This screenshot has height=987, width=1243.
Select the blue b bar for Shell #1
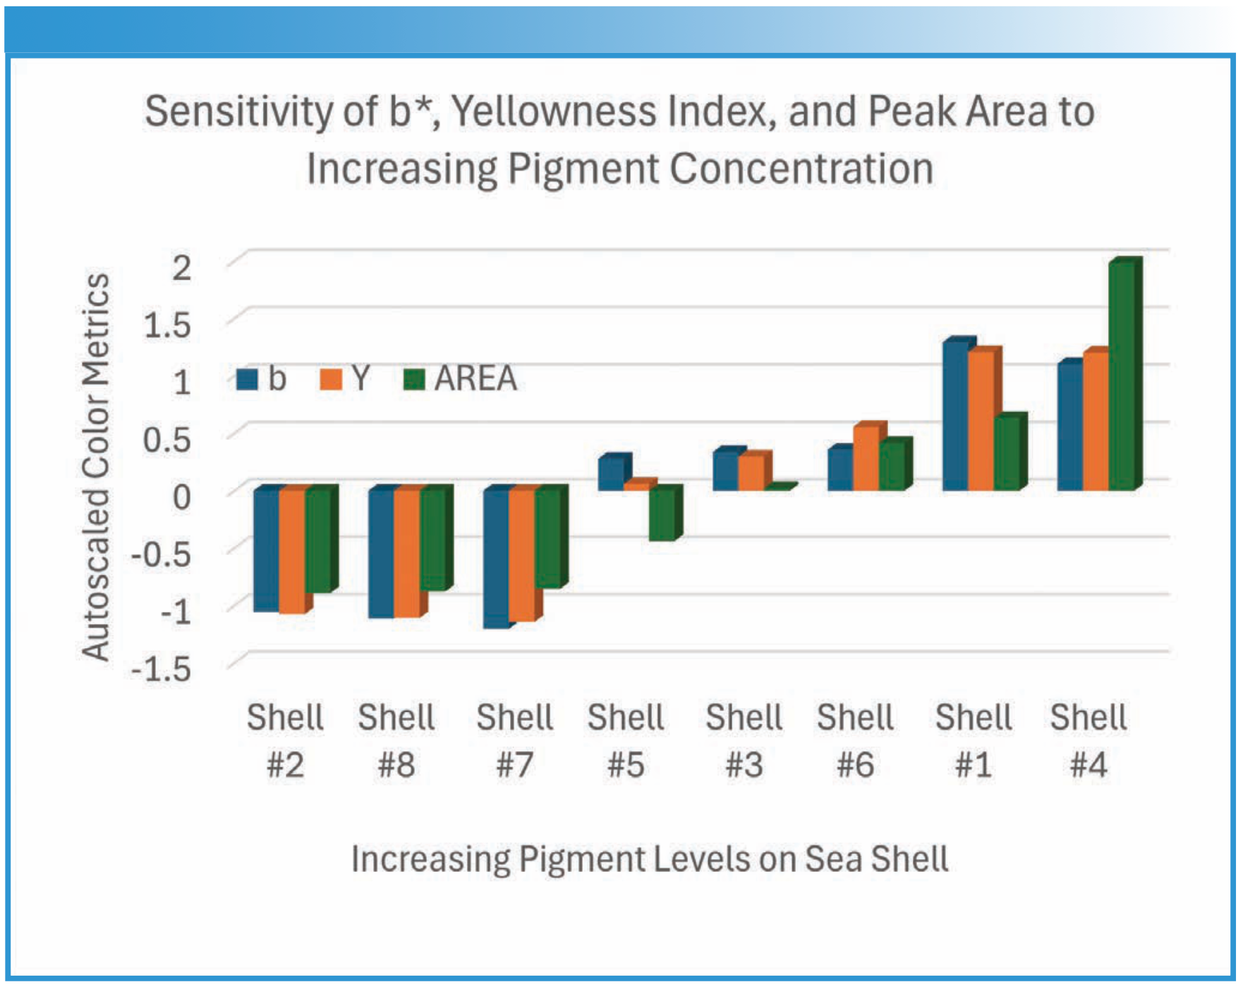955,417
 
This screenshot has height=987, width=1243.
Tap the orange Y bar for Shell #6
866,459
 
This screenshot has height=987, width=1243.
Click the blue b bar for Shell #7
496,558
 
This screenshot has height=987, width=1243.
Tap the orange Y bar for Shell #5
638,486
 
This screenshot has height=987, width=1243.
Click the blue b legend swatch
247,379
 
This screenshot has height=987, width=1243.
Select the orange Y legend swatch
330,379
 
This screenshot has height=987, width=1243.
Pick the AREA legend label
475,379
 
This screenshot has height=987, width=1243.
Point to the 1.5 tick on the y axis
167,325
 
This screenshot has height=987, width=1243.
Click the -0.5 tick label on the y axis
161,554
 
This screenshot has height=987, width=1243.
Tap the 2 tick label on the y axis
182,268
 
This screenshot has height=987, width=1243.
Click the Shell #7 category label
514,741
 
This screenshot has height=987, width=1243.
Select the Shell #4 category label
1088,741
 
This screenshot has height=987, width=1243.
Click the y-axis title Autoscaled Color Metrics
96,466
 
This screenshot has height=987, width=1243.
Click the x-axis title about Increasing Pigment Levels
649,859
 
